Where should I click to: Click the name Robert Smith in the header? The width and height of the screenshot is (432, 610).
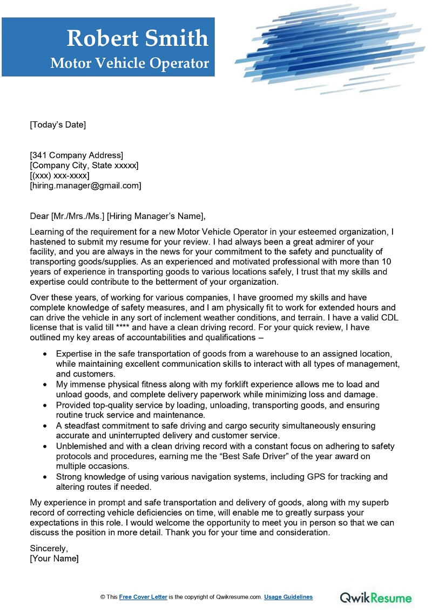[x=137, y=38]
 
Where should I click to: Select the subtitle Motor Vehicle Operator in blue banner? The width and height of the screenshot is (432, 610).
[x=130, y=63]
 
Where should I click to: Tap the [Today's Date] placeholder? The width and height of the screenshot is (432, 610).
[x=58, y=125]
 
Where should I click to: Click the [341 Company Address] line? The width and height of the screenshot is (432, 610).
[x=76, y=155]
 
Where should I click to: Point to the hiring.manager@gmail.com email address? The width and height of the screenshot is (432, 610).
[x=85, y=186]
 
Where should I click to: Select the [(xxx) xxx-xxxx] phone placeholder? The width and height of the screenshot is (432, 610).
[x=59, y=175]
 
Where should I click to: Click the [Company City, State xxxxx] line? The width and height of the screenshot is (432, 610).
[x=84, y=165]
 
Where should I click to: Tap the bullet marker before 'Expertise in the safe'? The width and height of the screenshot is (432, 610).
[x=44, y=354]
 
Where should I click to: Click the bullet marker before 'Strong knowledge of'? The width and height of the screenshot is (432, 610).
[x=44, y=477]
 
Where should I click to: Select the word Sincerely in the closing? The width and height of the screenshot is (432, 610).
[x=49, y=549]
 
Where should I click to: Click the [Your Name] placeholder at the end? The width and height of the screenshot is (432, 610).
[x=54, y=559]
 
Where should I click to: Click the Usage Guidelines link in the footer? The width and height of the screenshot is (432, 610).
[x=288, y=597]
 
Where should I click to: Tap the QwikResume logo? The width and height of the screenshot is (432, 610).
[x=375, y=597]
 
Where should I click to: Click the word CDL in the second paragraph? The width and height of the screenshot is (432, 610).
[x=389, y=318]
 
